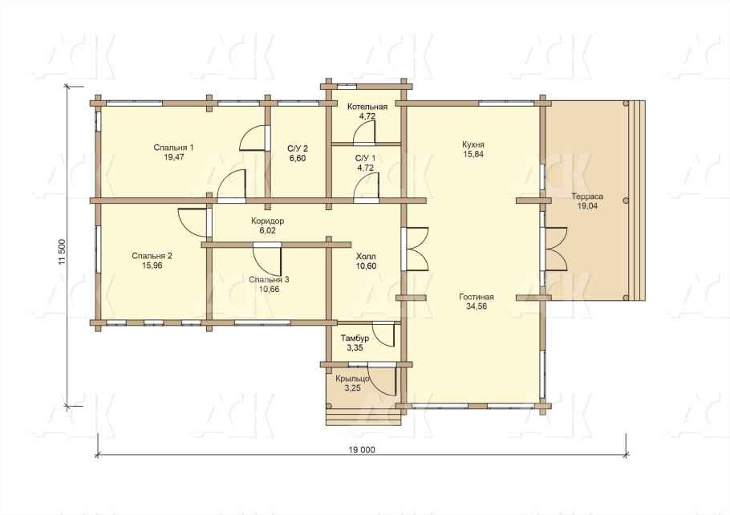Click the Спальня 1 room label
(x=173, y=148)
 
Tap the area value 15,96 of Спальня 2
(x=152, y=266)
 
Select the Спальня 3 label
(x=269, y=279)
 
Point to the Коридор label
(x=267, y=221)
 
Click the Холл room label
(x=366, y=257)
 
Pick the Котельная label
(x=367, y=107)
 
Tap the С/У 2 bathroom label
(x=298, y=149)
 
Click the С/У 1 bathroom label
(x=365, y=158)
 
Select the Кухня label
(x=473, y=144)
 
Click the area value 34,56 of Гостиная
(x=477, y=306)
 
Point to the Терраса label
(x=587, y=197)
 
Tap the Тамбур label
(x=355, y=339)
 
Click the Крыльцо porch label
(x=352, y=379)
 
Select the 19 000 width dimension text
(x=361, y=450)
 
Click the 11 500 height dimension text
(x=63, y=253)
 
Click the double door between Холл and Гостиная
(x=415, y=249)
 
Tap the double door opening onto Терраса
(x=554, y=249)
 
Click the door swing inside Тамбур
(x=384, y=335)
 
